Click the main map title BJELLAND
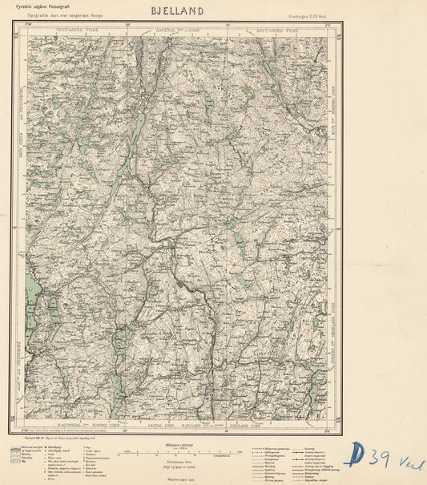pos(176,10)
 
